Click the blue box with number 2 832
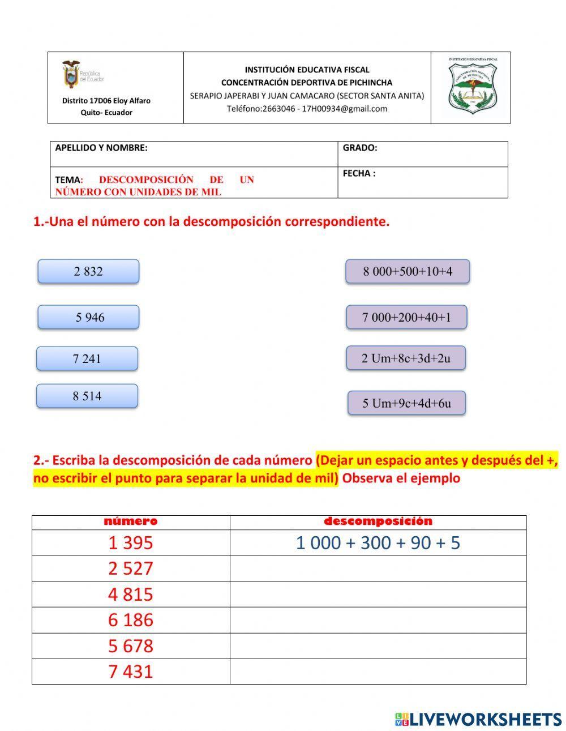click(88, 271)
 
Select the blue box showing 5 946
click(88, 317)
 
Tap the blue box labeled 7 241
click(87, 358)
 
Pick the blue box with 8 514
click(87, 396)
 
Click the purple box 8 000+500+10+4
click(408, 271)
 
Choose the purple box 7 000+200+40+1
click(406, 317)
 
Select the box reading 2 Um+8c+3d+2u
click(406, 358)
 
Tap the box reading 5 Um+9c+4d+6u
click(406, 403)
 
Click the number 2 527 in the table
click(131, 568)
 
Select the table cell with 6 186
click(131, 620)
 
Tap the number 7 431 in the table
click(131, 672)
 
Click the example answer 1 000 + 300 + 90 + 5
click(378, 543)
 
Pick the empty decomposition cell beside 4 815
click(378, 595)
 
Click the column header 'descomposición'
click(378, 521)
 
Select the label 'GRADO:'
click(360, 148)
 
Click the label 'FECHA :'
click(359, 174)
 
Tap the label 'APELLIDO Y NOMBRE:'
click(101, 148)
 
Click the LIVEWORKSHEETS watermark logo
click(478, 719)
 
